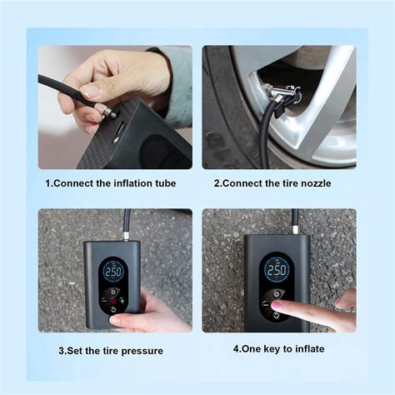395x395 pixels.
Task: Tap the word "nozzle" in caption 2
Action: (x=316, y=183)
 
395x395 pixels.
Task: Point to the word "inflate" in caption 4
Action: (x=310, y=349)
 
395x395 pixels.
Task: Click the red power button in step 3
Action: (x=113, y=301)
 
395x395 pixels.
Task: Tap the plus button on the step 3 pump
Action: (x=122, y=301)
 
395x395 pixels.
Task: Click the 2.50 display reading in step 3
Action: (x=113, y=272)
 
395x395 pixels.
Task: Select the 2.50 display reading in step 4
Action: (x=276, y=270)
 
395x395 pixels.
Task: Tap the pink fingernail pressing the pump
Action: (x=276, y=306)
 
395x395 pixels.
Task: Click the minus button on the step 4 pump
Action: (x=266, y=304)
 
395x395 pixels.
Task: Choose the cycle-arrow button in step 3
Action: (x=113, y=309)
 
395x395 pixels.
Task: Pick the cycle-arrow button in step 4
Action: (x=276, y=315)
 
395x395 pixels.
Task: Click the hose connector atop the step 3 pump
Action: (x=127, y=237)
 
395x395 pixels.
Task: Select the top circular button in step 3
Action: (x=113, y=292)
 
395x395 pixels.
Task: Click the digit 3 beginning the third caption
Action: (x=61, y=351)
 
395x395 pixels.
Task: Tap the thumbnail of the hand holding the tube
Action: (x=90, y=91)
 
